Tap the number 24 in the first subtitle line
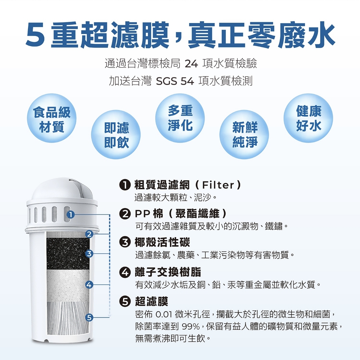click(x=191, y=64)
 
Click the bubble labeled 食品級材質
click(x=51, y=118)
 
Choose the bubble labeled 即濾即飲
click(x=116, y=135)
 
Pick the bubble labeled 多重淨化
click(x=180, y=118)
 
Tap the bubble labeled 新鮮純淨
click(x=244, y=135)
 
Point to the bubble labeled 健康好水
click(x=309, y=118)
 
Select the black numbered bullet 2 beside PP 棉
click(x=125, y=214)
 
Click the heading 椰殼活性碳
click(x=162, y=242)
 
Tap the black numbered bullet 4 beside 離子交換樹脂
click(x=125, y=272)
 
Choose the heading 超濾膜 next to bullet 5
click(x=152, y=301)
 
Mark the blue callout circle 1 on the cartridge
click(x=71, y=215)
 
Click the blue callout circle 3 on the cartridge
click(x=89, y=254)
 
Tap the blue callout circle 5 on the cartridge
click(x=89, y=318)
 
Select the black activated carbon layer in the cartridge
click(x=68, y=254)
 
